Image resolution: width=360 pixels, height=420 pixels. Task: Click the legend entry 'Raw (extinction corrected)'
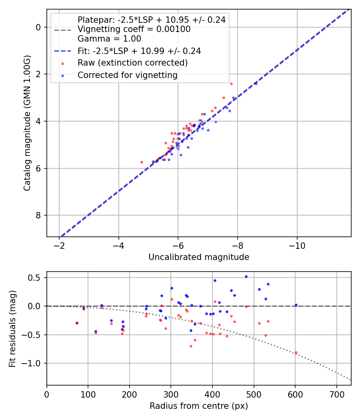click(132, 63)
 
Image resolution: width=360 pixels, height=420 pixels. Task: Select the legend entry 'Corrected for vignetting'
click(128, 75)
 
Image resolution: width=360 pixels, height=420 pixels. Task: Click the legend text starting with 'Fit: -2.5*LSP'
click(139, 51)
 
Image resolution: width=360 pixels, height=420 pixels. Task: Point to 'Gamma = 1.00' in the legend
click(109, 39)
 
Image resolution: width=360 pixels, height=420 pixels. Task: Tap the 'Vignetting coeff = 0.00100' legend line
click(134, 29)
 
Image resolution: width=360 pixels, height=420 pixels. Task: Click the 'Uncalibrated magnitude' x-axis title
click(199, 257)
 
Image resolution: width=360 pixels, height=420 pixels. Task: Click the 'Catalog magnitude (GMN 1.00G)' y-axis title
click(27, 123)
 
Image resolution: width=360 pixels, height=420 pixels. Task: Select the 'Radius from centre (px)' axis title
click(199, 406)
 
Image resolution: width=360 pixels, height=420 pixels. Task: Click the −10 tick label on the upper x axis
click(297, 246)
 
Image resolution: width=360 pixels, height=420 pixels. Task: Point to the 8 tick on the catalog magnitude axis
click(39, 216)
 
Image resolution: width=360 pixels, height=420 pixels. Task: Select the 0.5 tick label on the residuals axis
click(36, 278)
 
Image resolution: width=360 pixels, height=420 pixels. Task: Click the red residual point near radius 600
click(296, 352)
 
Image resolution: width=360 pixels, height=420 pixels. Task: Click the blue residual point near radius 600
click(296, 305)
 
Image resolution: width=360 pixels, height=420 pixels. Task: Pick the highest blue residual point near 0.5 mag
click(246, 276)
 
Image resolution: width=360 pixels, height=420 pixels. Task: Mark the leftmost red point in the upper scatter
click(142, 162)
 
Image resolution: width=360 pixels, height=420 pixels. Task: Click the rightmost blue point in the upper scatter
click(256, 84)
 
